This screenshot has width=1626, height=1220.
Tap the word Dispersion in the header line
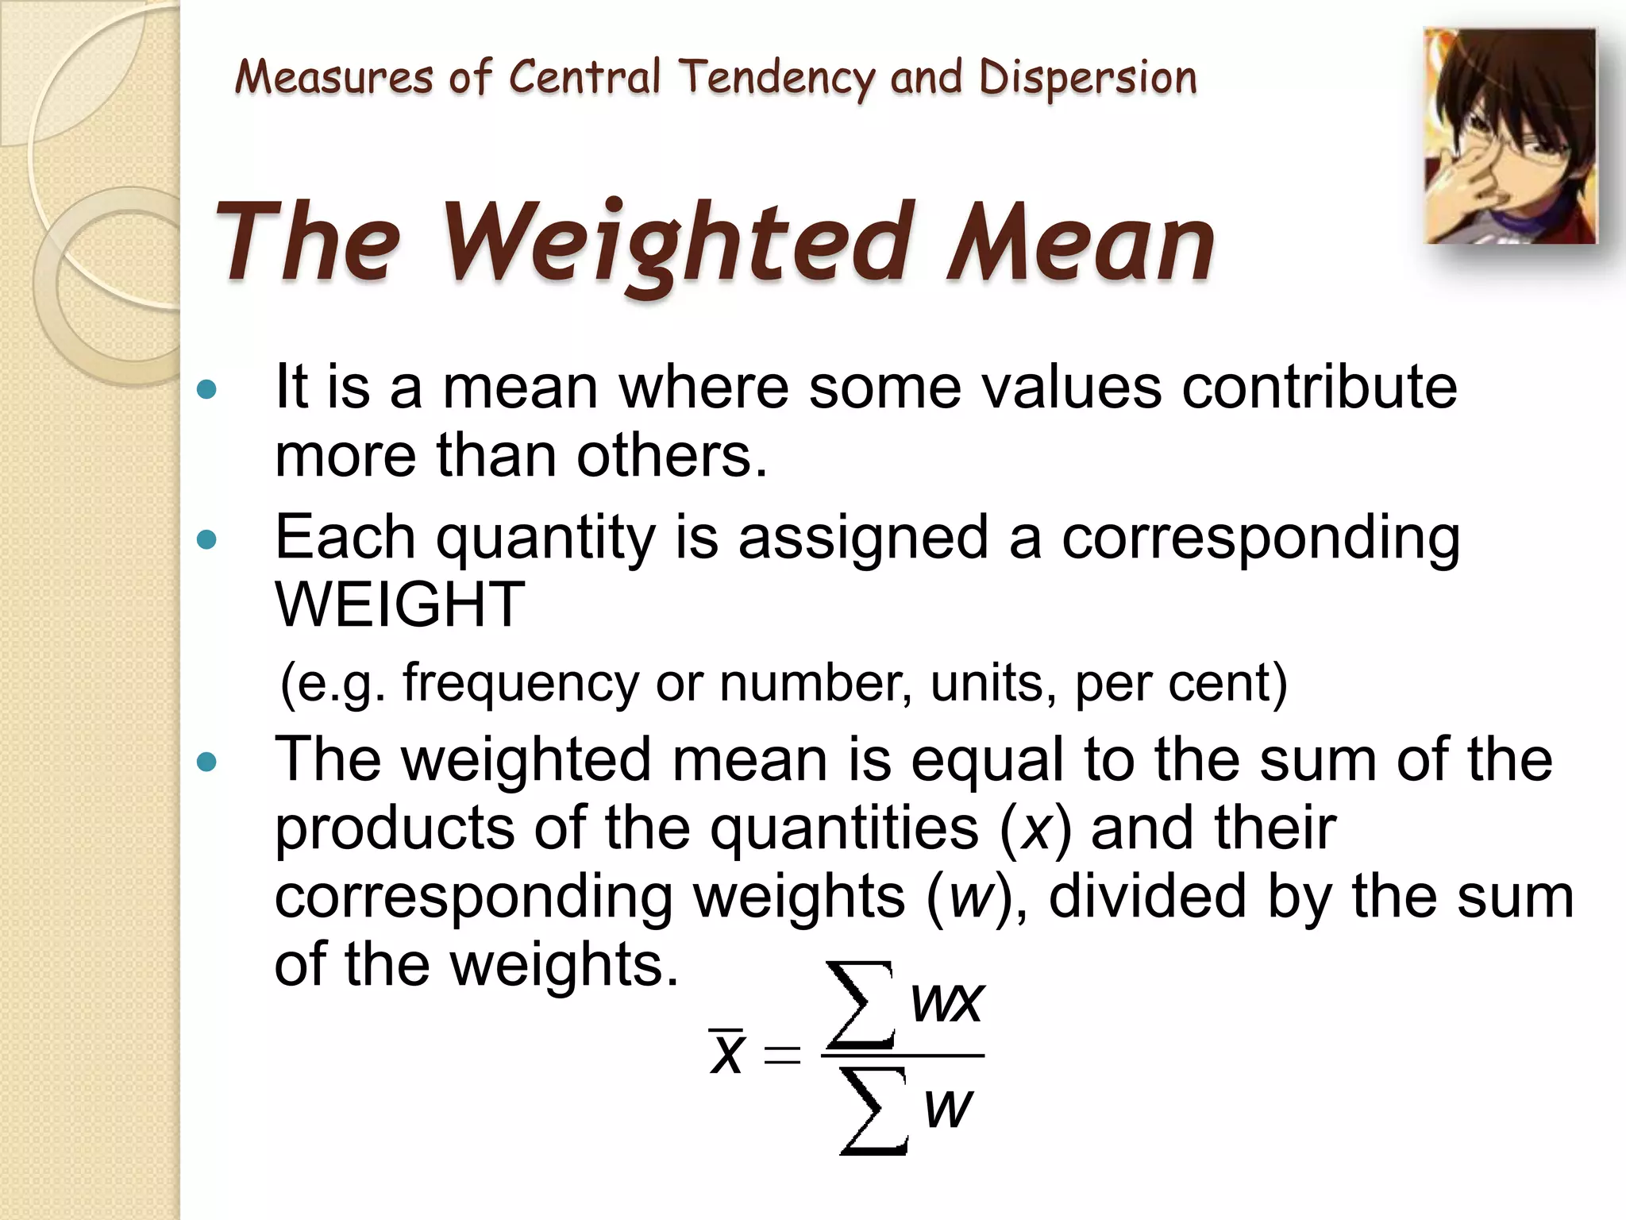[x=1087, y=78]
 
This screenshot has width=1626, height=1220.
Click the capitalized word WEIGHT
[x=399, y=604]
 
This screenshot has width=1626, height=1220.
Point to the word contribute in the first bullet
[x=1319, y=387]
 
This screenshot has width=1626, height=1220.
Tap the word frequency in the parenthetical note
[x=520, y=683]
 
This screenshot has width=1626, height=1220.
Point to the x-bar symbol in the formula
[x=726, y=1052]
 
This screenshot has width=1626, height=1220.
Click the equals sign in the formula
[x=782, y=1056]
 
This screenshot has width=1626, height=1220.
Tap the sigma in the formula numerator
[x=860, y=1004]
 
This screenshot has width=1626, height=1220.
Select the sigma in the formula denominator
[x=873, y=1110]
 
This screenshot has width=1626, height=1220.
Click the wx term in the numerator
[x=947, y=1002]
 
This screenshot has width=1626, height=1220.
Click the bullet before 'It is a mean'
[x=206, y=389]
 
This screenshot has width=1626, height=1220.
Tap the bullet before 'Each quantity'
[x=206, y=541]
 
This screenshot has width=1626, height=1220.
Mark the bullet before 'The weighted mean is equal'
[x=206, y=762]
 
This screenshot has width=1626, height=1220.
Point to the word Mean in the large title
[x=1080, y=242]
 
